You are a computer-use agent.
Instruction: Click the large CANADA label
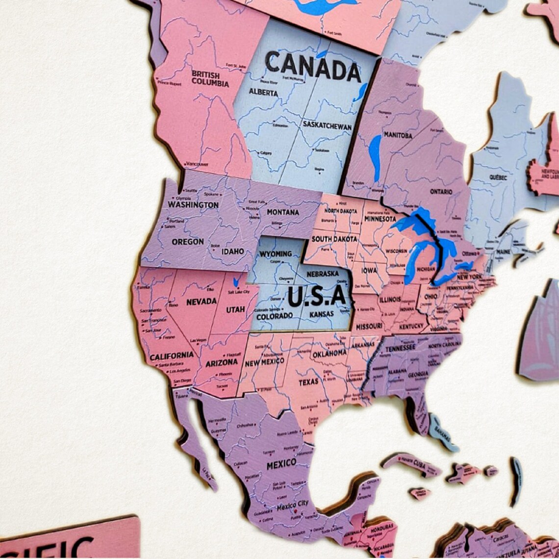click(313, 67)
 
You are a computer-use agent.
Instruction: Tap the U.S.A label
click(317, 296)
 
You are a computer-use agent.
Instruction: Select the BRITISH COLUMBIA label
click(210, 78)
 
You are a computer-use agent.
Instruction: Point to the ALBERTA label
click(263, 92)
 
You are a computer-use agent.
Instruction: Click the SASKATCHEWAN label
click(327, 126)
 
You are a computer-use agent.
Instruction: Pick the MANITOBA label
click(398, 135)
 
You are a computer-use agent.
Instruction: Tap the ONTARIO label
click(441, 192)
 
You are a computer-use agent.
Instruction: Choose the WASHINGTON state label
click(193, 204)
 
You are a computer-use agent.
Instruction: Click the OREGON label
click(188, 242)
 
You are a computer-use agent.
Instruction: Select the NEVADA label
click(202, 302)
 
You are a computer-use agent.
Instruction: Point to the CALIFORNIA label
click(172, 356)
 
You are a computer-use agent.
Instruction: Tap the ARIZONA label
click(222, 363)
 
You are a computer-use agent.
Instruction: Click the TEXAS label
click(308, 381)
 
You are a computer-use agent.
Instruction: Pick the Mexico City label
click(293, 504)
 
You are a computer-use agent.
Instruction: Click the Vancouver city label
click(198, 164)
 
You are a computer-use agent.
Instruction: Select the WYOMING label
click(276, 254)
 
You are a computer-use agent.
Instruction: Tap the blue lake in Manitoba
click(375, 157)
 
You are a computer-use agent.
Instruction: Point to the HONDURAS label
click(380, 528)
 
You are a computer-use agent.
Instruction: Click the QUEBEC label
click(498, 178)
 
